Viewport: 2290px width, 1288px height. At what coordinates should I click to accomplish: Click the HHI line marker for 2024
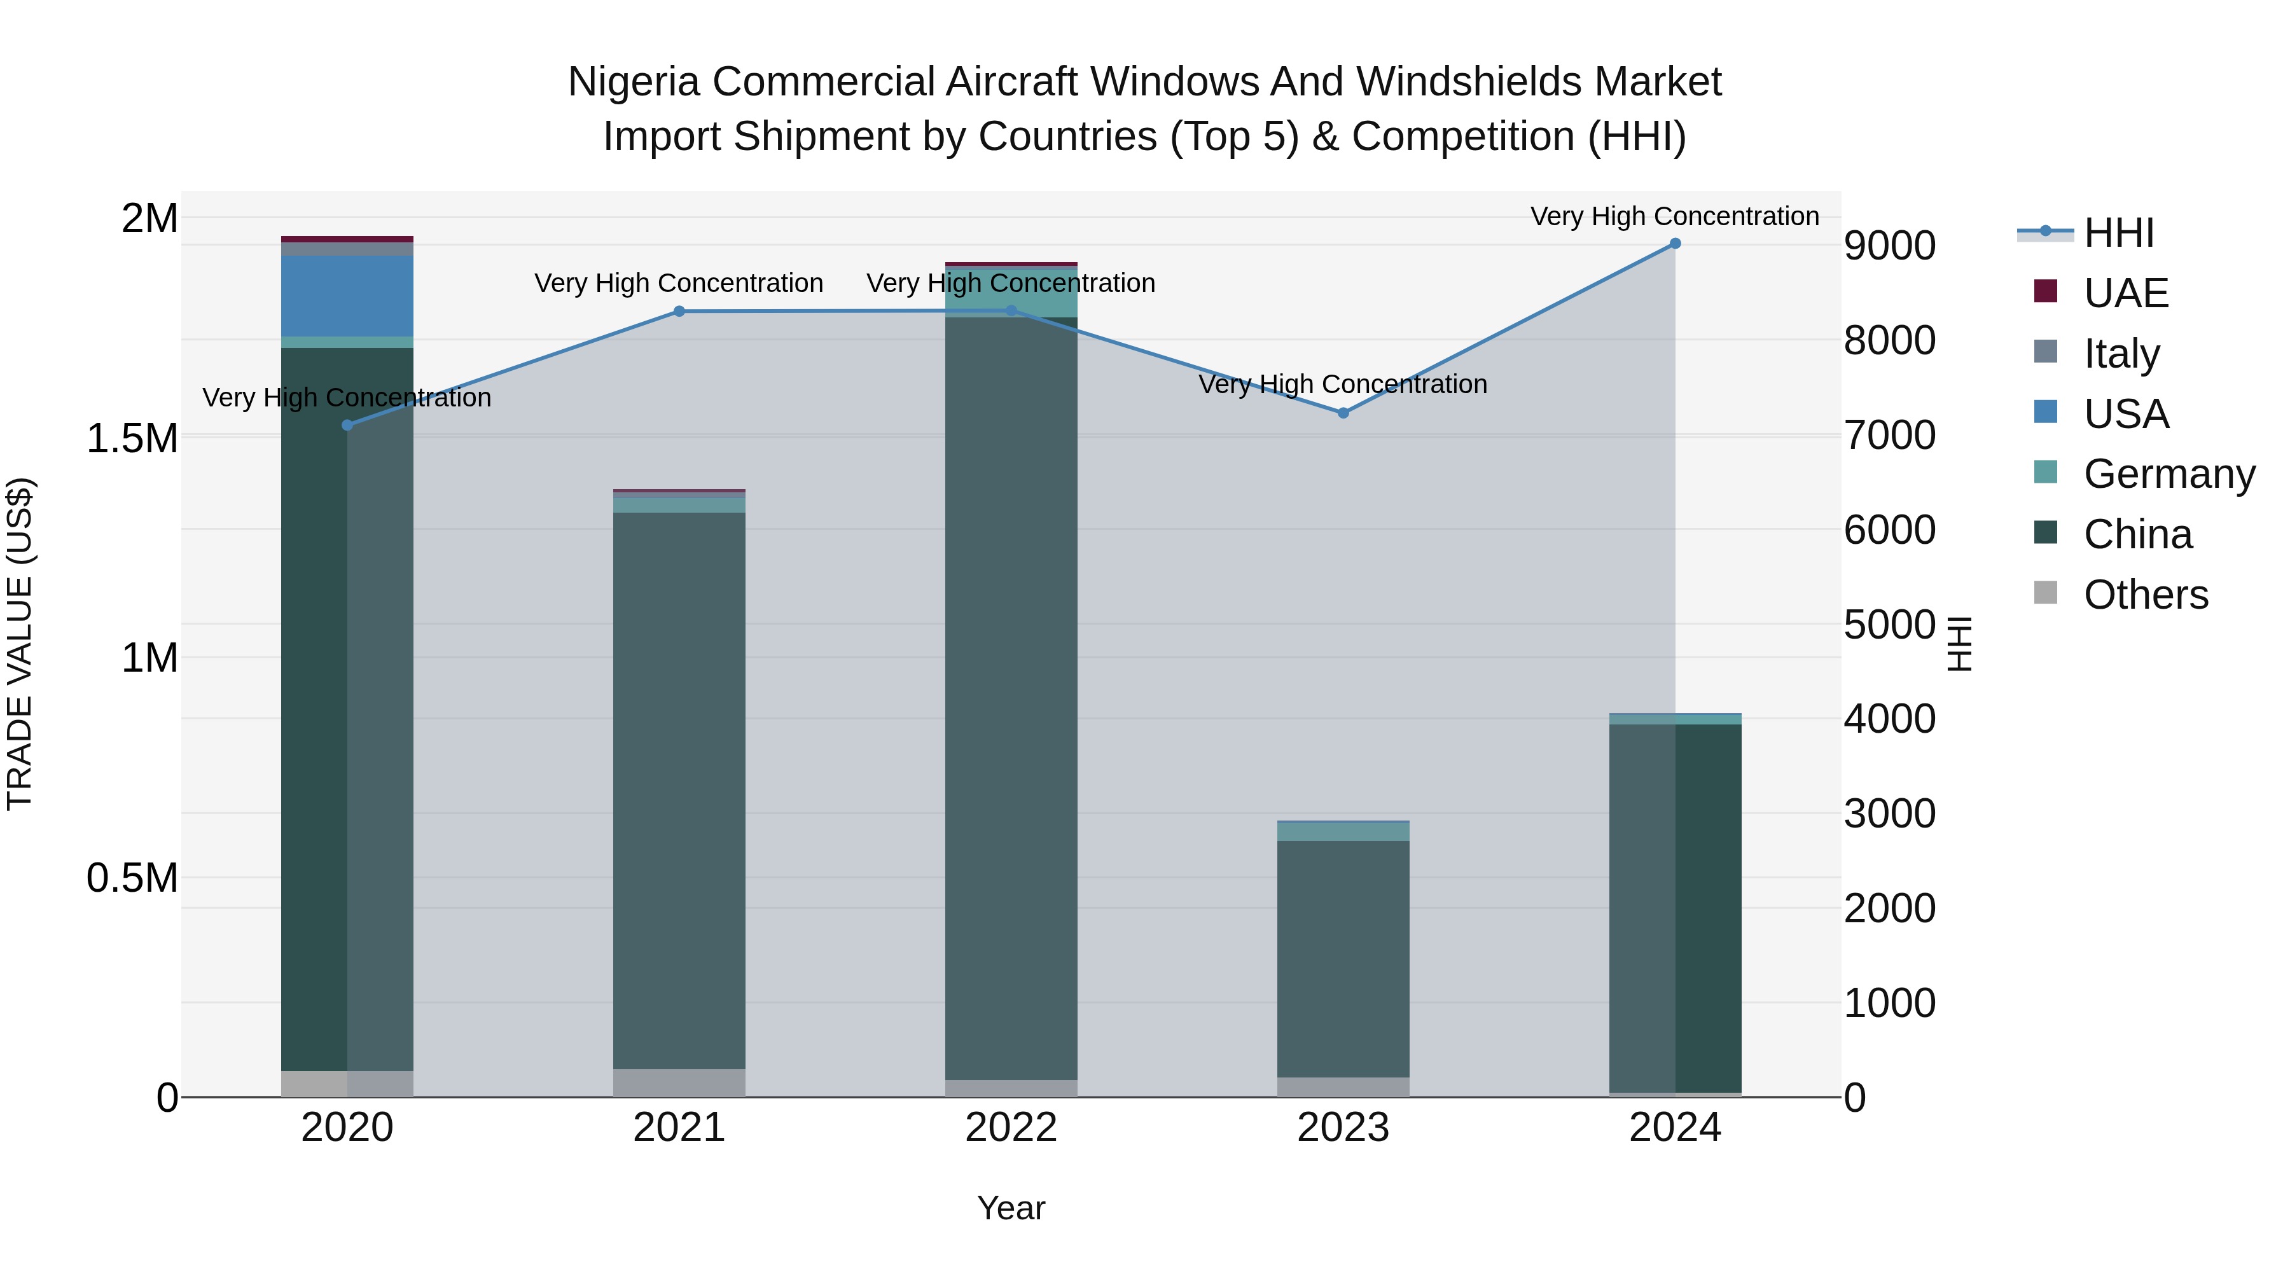(1675, 244)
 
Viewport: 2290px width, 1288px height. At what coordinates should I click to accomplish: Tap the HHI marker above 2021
(679, 311)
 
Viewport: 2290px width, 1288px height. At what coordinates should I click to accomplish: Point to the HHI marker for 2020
(347, 425)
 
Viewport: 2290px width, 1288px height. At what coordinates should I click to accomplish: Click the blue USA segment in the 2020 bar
(347, 296)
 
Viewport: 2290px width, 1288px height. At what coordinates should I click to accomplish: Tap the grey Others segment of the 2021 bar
(679, 1082)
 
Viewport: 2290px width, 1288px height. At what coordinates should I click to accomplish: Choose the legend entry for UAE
(2125, 293)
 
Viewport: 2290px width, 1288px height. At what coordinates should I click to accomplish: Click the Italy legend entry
(2121, 353)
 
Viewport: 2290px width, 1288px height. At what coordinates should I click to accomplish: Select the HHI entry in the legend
(2118, 233)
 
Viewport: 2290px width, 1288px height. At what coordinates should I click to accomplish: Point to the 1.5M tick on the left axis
(132, 438)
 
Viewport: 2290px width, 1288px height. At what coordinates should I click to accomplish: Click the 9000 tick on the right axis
(1890, 246)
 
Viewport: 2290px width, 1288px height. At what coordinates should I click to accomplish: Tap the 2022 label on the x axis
(1011, 1127)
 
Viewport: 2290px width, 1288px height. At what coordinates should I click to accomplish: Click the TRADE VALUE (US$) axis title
(20, 644)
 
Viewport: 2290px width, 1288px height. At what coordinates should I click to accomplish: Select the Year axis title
(1011, 1208)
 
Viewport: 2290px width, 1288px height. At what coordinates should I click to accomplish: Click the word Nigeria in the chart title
(633, 82)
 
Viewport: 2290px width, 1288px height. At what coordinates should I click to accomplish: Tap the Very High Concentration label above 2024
(1675, 216)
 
